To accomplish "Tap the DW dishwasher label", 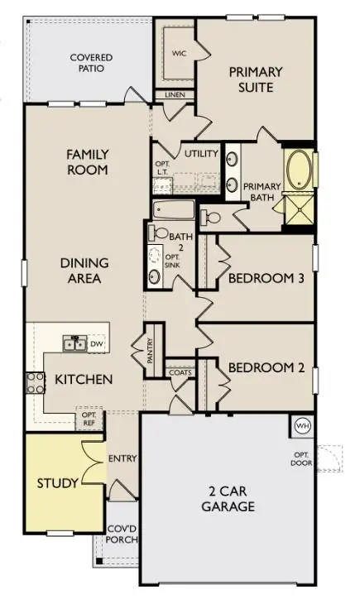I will point(97,343).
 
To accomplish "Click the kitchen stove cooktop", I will point(36,381).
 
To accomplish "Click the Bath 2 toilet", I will point(161,233).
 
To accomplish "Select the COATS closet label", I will point(180,371).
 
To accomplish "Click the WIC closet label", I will point(179,53).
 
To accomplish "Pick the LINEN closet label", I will point(175,95).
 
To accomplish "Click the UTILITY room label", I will point(200,154).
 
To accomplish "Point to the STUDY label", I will point(57,482).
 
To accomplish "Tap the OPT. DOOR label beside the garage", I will point(299,460).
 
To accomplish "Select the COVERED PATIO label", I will point(91,63).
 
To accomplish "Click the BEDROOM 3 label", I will point(266,278).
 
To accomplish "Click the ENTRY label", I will point(122,458).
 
